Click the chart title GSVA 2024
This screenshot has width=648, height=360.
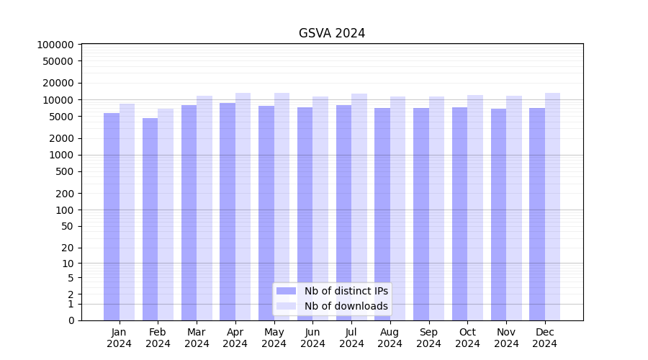332,33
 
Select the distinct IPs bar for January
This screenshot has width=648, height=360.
112,216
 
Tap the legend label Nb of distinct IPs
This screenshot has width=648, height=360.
346,291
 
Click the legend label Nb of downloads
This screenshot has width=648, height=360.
346,306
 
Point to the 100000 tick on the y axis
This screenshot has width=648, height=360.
55,45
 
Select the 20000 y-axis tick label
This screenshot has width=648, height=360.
58,83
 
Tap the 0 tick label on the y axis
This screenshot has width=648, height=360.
71,320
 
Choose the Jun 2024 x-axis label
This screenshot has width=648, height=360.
312,338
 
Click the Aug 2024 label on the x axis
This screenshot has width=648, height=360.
390,338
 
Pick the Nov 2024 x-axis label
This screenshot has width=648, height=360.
506,338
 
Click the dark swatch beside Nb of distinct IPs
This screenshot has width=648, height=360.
287,291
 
